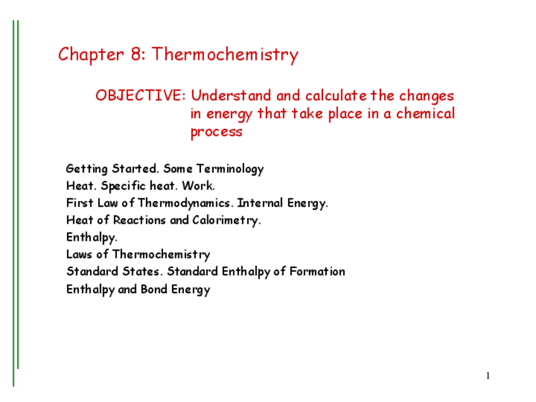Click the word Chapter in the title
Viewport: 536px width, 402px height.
(x=90, y=54)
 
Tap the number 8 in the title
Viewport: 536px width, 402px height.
(x=135, y=54)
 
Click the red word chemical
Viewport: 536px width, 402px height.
(x=425, y=113)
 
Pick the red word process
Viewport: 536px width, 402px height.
(x=216, y=132)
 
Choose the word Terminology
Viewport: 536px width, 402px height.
(x=230, y=169)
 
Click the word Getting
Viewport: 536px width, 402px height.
(x=87, y=169)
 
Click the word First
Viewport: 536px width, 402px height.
(x=80, y=203)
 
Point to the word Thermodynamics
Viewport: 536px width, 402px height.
(x=184, y=204)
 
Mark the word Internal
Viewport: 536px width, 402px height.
(x=260, y=203)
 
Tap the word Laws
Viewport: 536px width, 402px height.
(x=79, y=254)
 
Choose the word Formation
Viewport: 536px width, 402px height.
(x=317, y=271)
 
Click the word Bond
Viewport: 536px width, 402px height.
(x=154, y=289)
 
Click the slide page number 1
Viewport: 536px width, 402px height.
(x=488, y=375)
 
